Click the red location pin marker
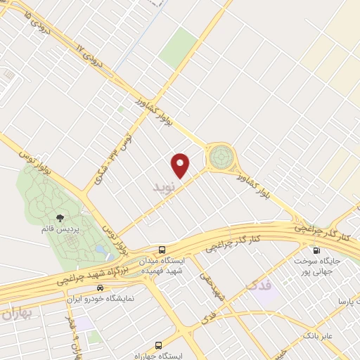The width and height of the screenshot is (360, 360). click(181, 165)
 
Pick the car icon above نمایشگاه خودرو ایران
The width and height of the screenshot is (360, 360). click(100, 287)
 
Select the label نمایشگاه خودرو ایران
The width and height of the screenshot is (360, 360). click(113, 298)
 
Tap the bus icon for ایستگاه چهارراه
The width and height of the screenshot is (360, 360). click(157, 345)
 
